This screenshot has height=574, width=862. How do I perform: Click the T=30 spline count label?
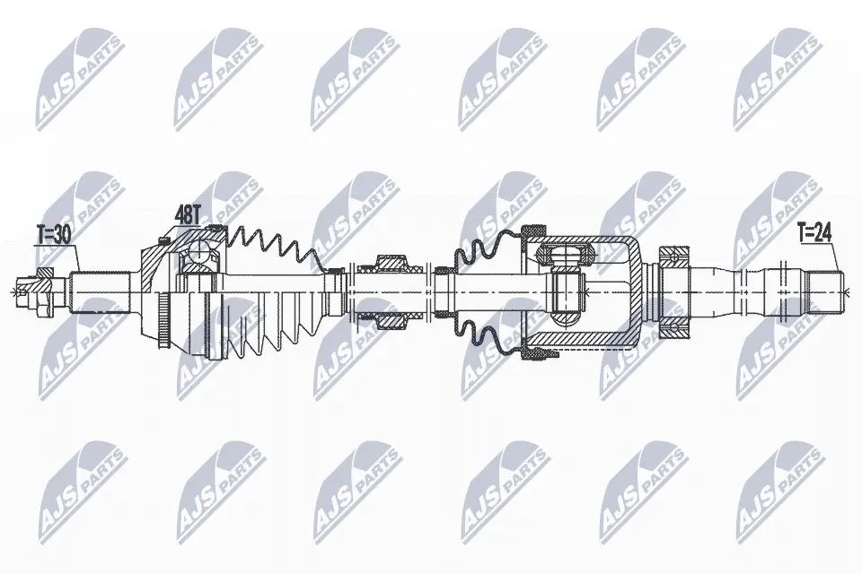55,236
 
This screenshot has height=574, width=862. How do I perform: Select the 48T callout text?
187,214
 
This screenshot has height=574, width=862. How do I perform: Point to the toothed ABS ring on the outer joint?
163,320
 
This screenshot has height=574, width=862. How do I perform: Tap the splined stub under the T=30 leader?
99,292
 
